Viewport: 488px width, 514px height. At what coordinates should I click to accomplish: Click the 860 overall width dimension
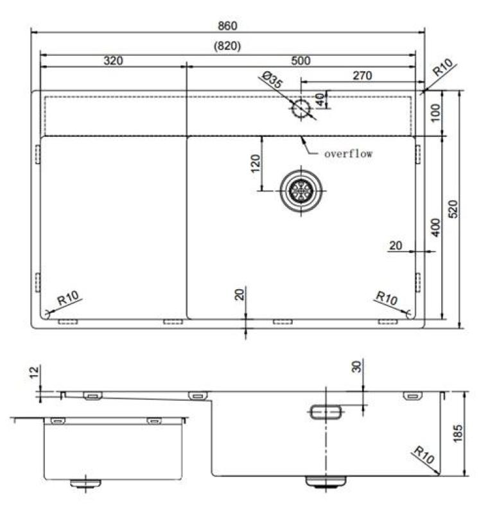pyautogui.click(x=228, y=26)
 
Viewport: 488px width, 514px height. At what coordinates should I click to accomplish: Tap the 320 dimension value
pyautogui.click(x=112, y=61)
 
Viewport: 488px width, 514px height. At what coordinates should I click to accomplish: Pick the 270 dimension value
pyautogui.click(x=362, y=76)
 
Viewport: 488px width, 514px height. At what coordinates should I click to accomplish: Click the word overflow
pyautogui.click(x=348, y=154)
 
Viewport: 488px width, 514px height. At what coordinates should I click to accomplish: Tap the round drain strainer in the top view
pyautogui.click(x=300, y=190)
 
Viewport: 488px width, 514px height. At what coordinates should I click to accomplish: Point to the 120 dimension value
pyautogui.click(x=255, y=164)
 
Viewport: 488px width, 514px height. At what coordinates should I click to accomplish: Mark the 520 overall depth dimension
pyautogui.click(x=453, y=209)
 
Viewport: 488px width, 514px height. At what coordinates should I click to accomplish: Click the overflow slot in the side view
pyautogui.click(x=326, y=412)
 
